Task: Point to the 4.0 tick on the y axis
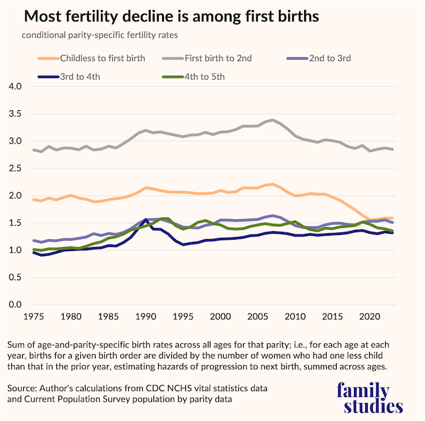point(15,87)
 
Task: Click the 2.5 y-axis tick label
point(15,169)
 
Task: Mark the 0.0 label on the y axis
point(15,305)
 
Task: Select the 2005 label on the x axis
point(258,318)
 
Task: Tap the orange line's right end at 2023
point(393,218)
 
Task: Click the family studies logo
point(369,398)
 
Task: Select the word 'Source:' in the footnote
point(25,388)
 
